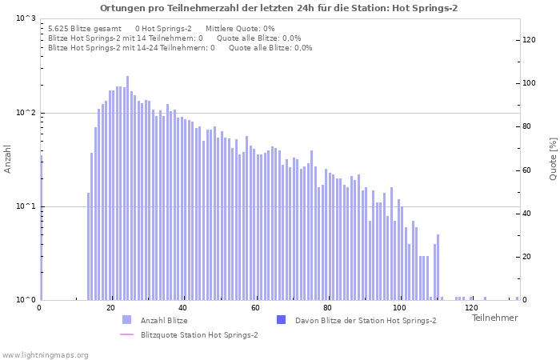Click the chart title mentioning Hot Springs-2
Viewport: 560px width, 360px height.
point(279,8)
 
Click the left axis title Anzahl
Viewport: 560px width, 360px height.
point(8,158)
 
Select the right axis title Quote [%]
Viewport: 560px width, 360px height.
point(553,158)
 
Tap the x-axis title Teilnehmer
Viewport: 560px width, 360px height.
point(494,318)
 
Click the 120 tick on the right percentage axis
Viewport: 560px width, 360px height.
point(529,40)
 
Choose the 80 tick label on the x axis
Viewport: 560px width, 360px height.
point(327,308)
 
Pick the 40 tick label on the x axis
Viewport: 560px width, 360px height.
point(183,308)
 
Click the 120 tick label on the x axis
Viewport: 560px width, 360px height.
point(471,308)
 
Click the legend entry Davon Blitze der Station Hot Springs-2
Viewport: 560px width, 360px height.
point(365,321)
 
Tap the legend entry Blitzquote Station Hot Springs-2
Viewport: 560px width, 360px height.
point(198,334)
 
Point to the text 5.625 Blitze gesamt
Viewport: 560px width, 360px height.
point(84,28)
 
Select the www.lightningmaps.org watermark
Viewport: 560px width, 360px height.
point(45,354)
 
